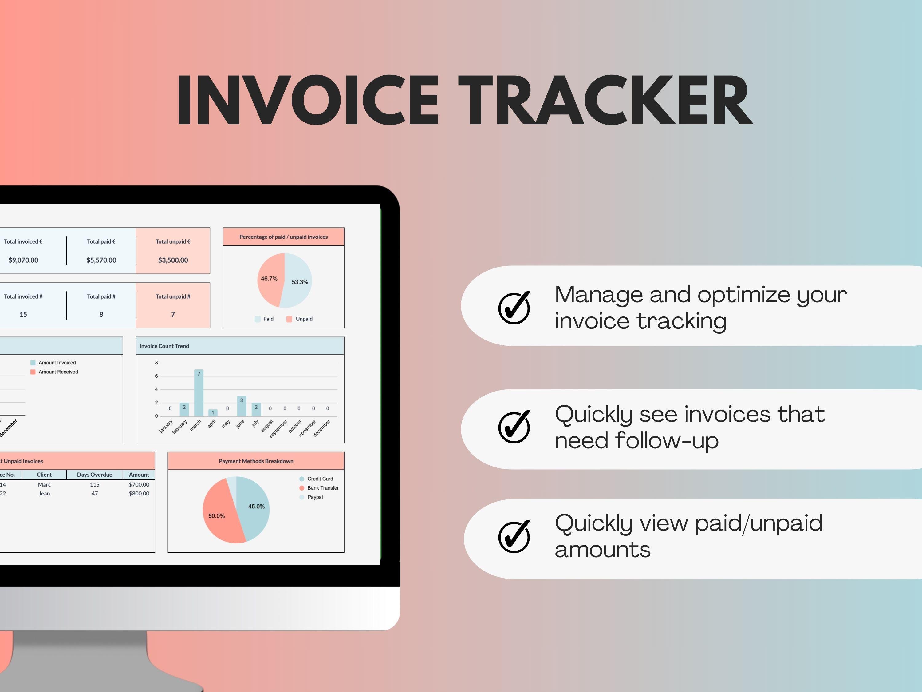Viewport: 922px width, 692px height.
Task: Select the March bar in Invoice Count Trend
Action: [x=199, y=393]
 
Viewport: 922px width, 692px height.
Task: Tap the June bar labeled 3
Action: [x=241, y=406]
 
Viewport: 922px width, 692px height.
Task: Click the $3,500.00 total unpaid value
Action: [x=173, y=260]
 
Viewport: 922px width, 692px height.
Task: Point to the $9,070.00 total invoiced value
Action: [x=23, y=260]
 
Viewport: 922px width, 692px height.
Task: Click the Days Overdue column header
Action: [x=95, y=475]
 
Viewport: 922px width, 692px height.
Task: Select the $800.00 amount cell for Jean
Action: [x=139, y=493]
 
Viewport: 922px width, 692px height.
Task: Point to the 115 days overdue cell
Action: [x=95, y=485]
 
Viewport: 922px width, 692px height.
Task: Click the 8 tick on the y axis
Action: [x=156, y=363]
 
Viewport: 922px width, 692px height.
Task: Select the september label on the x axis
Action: [x=278, y=428]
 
